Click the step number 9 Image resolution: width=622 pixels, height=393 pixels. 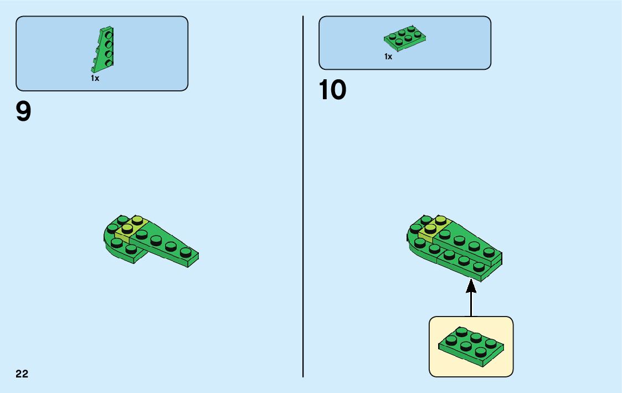tap(24, 113)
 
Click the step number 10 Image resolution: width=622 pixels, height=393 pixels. tap(332, 90)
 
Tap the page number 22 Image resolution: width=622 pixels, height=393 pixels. tap(22, 374)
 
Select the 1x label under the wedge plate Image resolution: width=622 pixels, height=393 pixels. tap(95, 79)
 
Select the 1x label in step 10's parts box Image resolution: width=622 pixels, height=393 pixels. tap(388, 57)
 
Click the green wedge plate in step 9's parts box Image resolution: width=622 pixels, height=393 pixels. tap(104, 49)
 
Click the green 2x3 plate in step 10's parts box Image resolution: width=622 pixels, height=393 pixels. tap(405, 38)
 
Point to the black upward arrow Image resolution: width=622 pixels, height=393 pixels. tap(471, 299)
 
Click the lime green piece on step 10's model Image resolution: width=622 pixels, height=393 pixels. tap(431, 228)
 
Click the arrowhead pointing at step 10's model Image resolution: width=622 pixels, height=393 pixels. tap(471, 286)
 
